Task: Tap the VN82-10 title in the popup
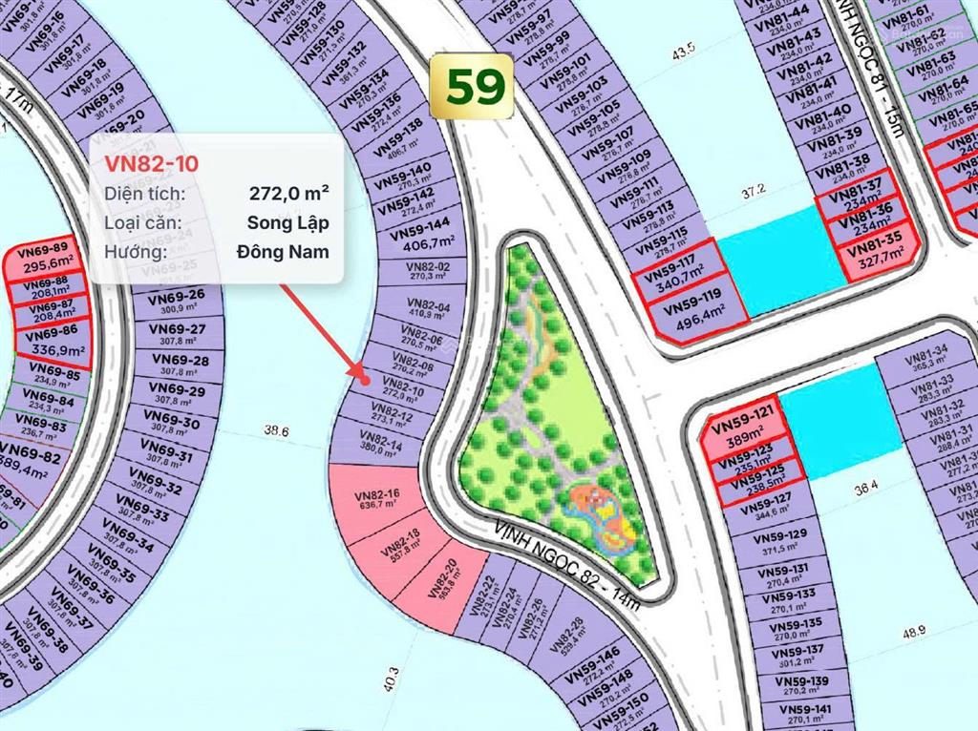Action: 152,163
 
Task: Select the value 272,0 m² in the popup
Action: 289,194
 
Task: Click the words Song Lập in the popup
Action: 287,223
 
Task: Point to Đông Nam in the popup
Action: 283,252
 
